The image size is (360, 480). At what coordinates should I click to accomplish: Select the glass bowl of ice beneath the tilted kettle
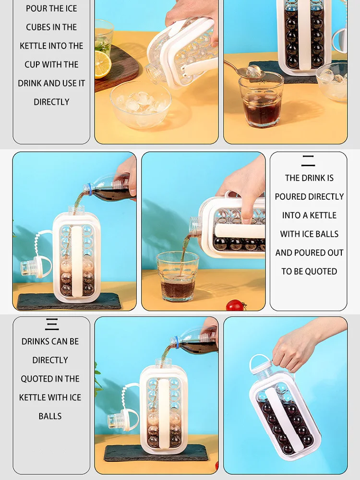click(x=140, y=104)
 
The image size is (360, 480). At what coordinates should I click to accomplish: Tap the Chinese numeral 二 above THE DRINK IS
click(x=308, y=161)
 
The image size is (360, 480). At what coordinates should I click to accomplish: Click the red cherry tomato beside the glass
click(x=235, y=305)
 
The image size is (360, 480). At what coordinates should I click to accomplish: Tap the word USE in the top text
click(x=69, y=84)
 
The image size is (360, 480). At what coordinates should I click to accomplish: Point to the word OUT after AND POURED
click(x=335, y=253)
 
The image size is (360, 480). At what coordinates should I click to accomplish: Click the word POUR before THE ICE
click(x=36, y=9)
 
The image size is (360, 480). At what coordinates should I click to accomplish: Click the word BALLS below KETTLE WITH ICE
click(x=50, y=416)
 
